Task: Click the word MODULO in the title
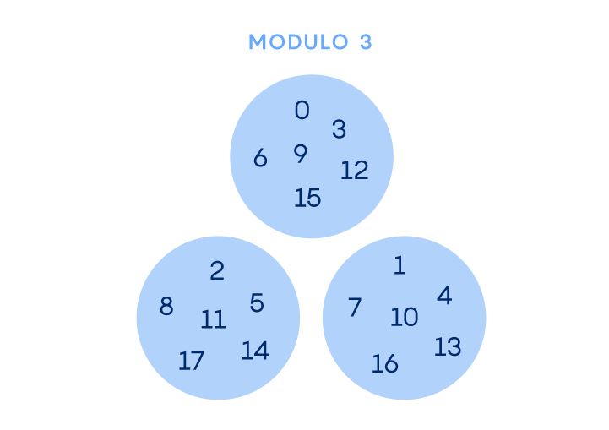(x=298, y=42)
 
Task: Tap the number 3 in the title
(x=365, y=42)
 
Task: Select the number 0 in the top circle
(x=302, y=111)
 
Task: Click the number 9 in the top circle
(x=301, y=154)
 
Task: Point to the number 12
(x=355, y=171)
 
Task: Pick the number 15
(x=307, y=198)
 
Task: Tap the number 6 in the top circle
(x=260, y=158)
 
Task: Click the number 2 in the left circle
(x=217, y=270)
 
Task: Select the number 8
(x=166, y=306)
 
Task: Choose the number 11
(x=214, y=320)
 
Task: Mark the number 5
(x=257, y=303)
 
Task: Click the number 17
(x=192, y=361)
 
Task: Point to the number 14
(x=255, y=351)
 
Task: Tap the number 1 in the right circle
(x=400, y=266)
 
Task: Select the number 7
(x=355, y=308)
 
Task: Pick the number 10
(x=405, y=318)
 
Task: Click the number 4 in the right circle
(x=444, y=296)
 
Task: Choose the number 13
(x=448, y=346)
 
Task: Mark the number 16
(x=385, y=364)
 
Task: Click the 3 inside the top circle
(x=339, y=129)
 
